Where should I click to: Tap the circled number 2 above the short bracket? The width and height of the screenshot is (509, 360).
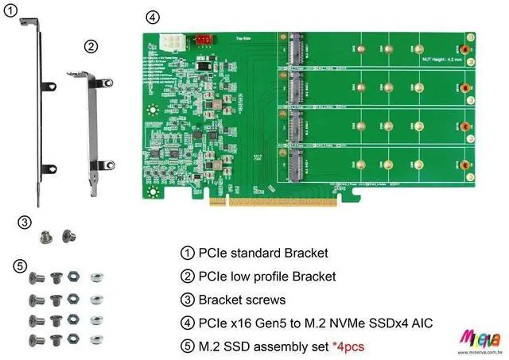[91, 47]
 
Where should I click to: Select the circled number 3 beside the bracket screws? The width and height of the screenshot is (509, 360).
[25, 223]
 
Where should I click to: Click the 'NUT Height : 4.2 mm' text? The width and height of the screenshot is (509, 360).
[443, 59]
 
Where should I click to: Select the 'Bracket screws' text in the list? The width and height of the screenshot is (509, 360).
[239, 300]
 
